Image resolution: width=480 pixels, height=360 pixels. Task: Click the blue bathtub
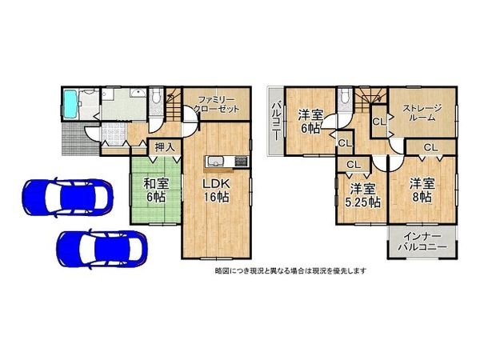(x=70, y=103)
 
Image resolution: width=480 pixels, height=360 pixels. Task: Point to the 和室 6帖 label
(x=155, y=190)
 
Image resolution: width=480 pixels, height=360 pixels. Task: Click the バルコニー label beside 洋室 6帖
(x=274, y=119)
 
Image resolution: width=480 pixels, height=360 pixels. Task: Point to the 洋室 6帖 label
(x=311, y=119)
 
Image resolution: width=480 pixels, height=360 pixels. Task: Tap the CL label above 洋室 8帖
(x=430, y=148)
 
